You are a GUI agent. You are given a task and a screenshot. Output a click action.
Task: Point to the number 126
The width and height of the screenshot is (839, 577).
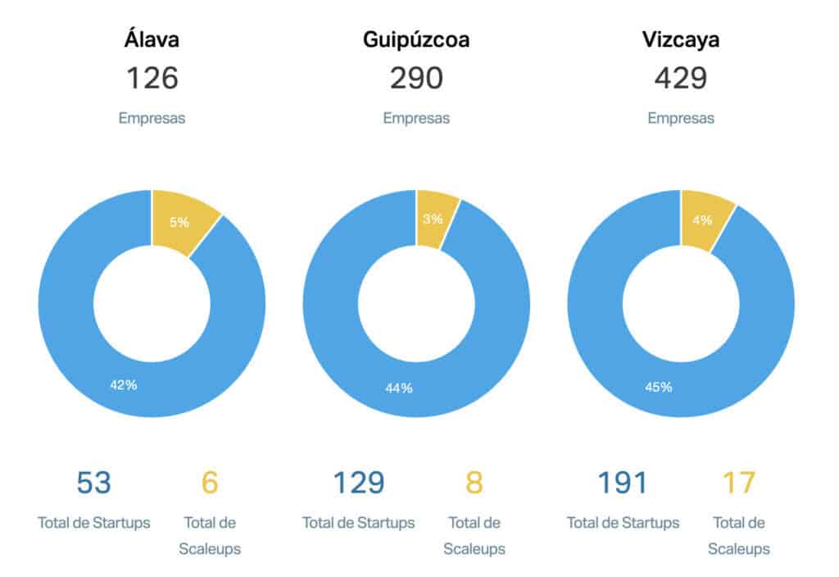[152, 79]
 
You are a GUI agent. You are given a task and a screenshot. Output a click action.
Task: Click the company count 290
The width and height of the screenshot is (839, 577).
[416, 79]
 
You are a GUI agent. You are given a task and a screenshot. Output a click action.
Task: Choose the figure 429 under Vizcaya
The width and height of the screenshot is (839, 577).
[681, 79]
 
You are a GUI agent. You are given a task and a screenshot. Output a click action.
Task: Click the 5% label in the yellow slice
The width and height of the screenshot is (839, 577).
[179, 221]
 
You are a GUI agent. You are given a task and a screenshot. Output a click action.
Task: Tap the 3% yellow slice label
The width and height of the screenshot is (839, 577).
[433, 219]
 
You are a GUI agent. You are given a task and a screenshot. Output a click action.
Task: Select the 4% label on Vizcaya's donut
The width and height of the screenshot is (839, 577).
[702, 220]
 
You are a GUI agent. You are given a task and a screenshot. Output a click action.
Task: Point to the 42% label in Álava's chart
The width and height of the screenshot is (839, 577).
[123, 384]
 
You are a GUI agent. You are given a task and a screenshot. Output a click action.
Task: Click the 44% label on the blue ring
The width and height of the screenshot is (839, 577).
[399, 388]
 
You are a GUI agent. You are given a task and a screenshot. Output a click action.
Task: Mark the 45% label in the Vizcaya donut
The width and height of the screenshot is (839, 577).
[659, 386]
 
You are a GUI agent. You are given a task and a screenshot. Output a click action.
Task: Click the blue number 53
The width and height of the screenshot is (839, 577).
[93, 483]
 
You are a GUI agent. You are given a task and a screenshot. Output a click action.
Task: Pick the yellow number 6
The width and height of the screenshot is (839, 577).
[210, 483]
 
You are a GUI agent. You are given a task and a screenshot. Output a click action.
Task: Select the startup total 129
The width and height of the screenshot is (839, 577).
[358, 483]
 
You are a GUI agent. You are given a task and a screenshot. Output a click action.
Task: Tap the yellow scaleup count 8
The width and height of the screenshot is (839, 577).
[474, 483]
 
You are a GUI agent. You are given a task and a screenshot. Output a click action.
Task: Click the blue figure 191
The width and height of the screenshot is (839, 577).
[623, 483]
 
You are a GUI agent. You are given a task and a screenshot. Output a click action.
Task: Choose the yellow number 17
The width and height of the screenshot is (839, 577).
[738, 483]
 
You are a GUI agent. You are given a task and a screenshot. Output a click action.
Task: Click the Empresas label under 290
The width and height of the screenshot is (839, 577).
[416, 118]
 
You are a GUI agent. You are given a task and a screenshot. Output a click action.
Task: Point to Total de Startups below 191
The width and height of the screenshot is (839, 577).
[623, 523]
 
